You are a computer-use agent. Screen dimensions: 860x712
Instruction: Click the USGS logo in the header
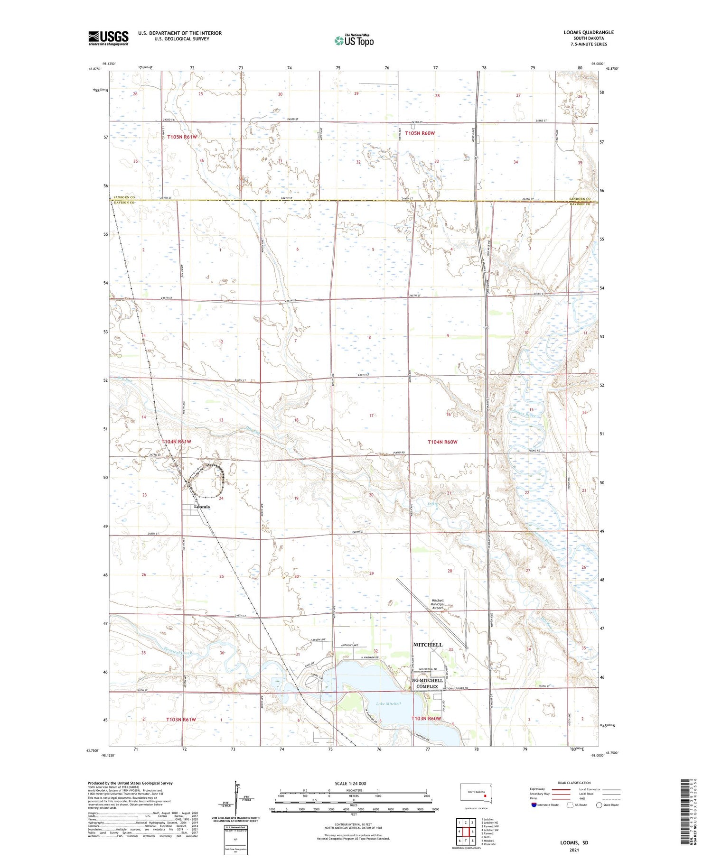pos(108,37)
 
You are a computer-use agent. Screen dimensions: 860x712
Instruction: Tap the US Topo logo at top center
pos(354,41)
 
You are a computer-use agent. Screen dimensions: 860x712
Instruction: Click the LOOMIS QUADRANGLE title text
pos(588,32)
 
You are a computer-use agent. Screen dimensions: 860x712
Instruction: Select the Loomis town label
pos(202,507)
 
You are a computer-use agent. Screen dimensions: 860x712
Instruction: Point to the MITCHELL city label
pos(428,645)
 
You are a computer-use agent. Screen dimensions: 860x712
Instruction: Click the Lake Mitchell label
pos(388,703)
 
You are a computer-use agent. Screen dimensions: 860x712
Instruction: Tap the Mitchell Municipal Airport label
pos(437,604)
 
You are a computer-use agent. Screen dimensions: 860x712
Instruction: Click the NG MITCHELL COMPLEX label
pos(427,684)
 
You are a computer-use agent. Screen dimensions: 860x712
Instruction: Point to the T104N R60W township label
pos(442,442)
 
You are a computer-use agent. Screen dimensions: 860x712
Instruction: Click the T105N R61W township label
pos(182,137)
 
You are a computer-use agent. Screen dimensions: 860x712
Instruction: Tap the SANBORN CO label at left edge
pos(124,197)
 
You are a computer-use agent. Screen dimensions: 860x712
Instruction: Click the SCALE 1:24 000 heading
pos(350,783)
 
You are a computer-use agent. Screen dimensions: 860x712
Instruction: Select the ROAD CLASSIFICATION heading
pos(574,783)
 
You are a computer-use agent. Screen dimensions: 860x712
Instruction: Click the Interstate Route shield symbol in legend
pos(534,805)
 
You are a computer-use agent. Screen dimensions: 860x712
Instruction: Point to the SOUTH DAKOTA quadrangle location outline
pos(477,793)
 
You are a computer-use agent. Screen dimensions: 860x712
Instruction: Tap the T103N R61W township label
pos(181,720)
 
